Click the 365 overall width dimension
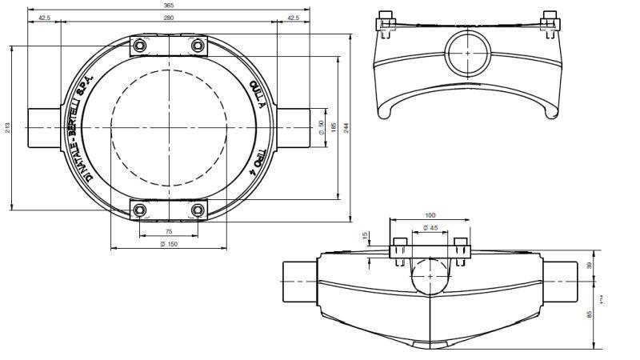point(168,6)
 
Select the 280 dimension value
point(168,17)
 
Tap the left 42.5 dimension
point(44,17)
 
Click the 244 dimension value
point(346,128)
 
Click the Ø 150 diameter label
point(168,244)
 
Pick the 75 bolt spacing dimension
point(168,231)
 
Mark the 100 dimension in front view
point(430,215)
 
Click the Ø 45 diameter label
point(430,228)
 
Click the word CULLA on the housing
point(258,94)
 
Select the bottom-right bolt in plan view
point(198,210)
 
